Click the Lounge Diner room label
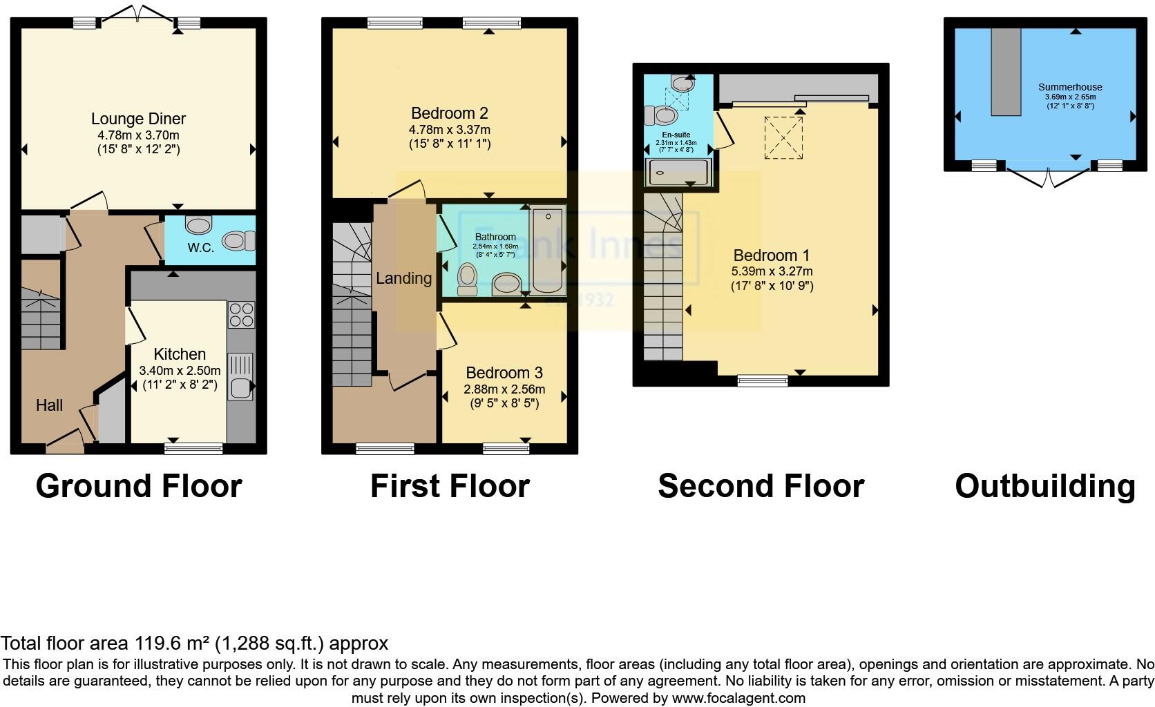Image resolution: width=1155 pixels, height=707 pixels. [x=138, y=119]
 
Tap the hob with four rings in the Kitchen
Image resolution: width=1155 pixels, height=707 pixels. [x=241, y=315]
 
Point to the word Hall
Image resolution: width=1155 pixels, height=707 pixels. [x=49, y=405]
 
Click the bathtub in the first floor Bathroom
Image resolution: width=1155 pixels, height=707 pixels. [x=548, y=251]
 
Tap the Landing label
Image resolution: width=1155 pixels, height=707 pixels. [x=403, y=278]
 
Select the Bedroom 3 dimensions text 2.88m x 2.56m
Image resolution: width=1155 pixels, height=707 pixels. [x=504, y=389]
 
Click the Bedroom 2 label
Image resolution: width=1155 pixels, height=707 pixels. [x=449, y=113]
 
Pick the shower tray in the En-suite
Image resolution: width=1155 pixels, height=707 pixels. [x=678, y=172]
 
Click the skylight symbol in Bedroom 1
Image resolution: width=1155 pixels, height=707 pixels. [x=783, y=138]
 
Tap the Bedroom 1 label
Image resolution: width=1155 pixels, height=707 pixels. [x=771, y=255]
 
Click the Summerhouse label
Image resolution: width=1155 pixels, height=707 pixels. [x=1069, y=87]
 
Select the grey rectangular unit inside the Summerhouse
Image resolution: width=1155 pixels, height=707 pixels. [x=1006, y=72]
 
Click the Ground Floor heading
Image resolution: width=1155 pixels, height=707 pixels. [x=138, y=486]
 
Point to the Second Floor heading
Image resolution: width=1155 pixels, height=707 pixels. [x=761, y=486]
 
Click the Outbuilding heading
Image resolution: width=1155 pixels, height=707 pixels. [x=1044, y=486]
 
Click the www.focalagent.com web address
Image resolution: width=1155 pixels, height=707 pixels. [x=738, y=698]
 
